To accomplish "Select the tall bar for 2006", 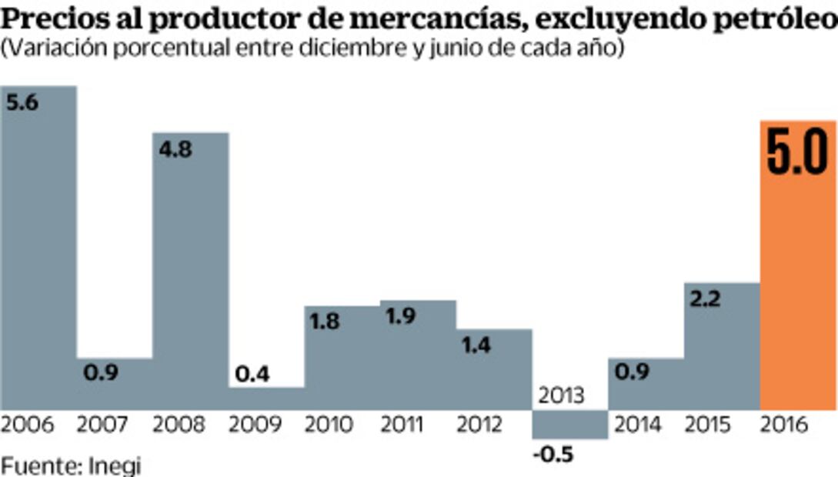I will tap(38, 254).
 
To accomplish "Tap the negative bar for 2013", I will tap(570, 425).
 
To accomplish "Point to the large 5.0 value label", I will tap(797, 155).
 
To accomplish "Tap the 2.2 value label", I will tap(705, 299).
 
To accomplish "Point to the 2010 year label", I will tap(329, 425).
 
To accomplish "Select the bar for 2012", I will tap(494, 369).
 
